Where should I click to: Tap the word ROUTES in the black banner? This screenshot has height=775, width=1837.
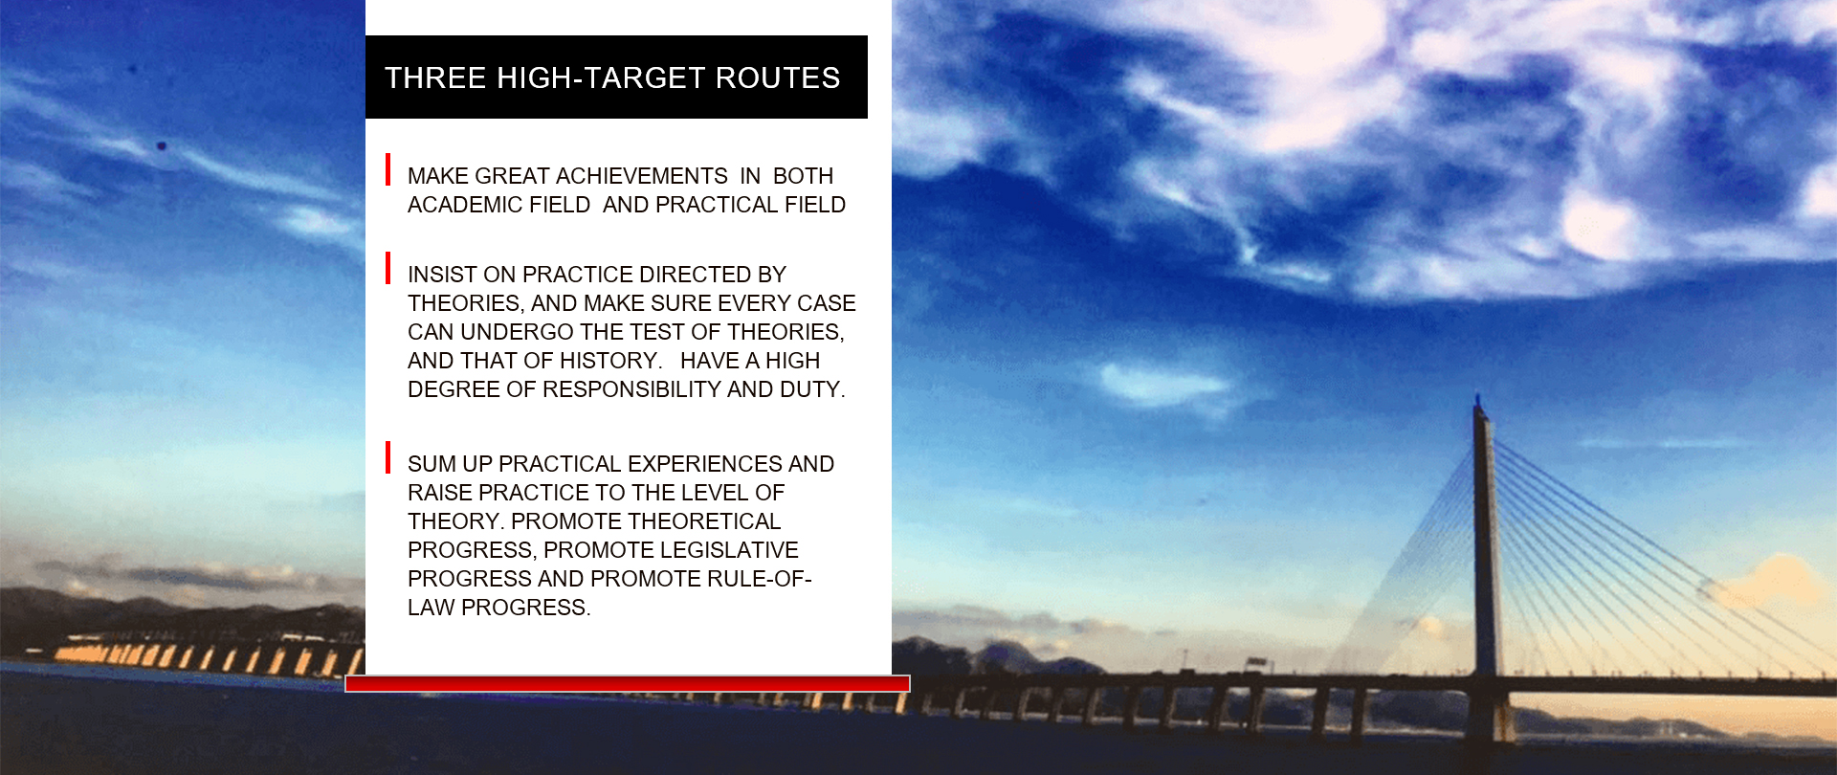[x=778, y=78]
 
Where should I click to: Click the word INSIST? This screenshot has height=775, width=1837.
[x=442, y=275]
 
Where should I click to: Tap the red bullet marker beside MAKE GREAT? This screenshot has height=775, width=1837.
[x=387, y=169]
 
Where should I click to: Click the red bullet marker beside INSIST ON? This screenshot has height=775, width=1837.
[x=387, y=268]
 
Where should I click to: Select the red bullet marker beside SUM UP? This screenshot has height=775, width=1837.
[x=387, y=457]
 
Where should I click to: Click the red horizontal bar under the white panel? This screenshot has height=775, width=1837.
[x=628, y=684]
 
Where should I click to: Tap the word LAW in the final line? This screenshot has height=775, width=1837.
[x=432, y=608]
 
